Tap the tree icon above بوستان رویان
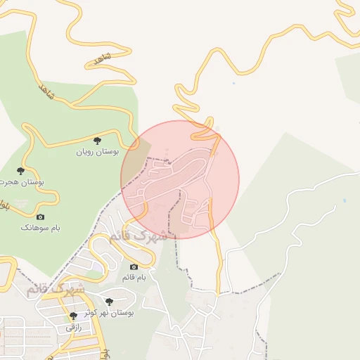click(97, 142)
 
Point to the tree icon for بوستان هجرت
click(20, 171)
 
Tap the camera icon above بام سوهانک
click(40, 217)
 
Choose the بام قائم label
click(134, 278)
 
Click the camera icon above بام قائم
click(134, 267)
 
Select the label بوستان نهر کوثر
click(112, 311)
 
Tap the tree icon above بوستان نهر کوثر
click(109, 302)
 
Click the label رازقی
click(74, 327)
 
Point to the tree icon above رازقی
click(73, 316)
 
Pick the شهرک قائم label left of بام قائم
click(56, 288)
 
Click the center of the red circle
click(180, 179)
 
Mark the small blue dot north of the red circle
click(233, 84)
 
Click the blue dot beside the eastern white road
click(345, 201)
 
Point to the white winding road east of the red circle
click(281, 211)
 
